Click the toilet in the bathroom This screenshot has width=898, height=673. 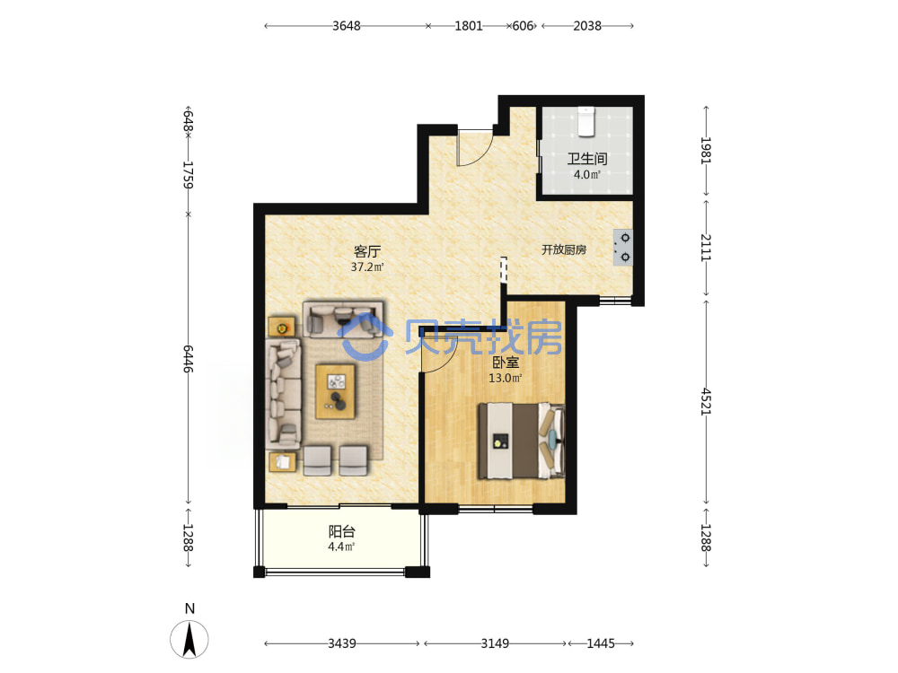pyautogui.click(x=585, y=121)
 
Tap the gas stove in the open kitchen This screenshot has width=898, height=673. pyautogui.click(x=623, y=248)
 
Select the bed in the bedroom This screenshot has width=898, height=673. pyautogui.click(x=521, y=441)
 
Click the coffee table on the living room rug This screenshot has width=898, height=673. pyautogui.click(x=336, y=391)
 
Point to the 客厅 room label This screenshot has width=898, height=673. pyautogui.click(x=367, y=252)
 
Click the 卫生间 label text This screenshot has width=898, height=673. pyautogui.click(x=587, y=159)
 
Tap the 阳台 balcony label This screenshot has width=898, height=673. pyautogui.click(x=341, y=531)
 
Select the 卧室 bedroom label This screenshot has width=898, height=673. pyautogui.click(x=506, y=363)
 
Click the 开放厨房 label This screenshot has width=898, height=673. pyautogui.click(x=564, y=249)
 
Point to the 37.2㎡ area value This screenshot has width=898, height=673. pyautogui.click(x=367, y=267)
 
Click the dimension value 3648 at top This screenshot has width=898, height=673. pyautogui.click(x=347, y=26)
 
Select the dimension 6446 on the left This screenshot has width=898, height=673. pyautogui.click(x=189, y=359)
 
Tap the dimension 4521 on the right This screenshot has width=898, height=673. pyautogui.click(x=706, y=401)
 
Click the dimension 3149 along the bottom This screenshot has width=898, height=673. pyautogui.click(x=495, y=643)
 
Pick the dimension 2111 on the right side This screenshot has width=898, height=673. pyautogui.click(x=706, y=248)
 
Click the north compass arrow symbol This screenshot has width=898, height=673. pyautogui.click(x=189, y=639)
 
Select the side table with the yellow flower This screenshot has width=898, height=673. pyautogui.click(x=282, y=327)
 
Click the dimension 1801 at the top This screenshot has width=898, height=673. pyautogui.click(x=469, y=26)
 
